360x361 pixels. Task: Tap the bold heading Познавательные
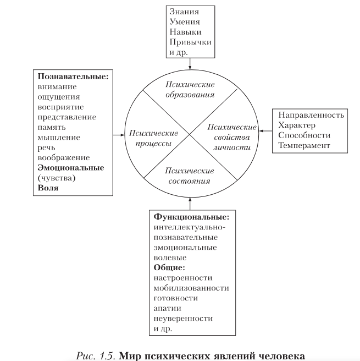pyautogui.click(x=73, y=76)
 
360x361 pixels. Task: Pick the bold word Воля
pyautogui.click(x=48, y=188)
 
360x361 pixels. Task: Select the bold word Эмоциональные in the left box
pyautogui.click(x=71, y=167)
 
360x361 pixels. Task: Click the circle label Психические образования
pyautogui.click(x=190, y=89)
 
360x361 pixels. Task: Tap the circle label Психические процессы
pyautogui.click(x=153, y=138)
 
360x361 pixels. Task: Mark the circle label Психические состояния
pyautogui.click(x=189, y=176)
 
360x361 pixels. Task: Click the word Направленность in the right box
pyautogui.click(x=311, y=115)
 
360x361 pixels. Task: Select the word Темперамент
pyautogui.click(x=304, y=146)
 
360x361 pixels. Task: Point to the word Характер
pyautogui.click(x=297, y=125)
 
